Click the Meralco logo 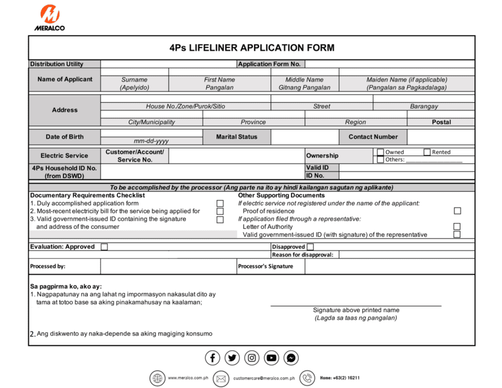coord(50,17)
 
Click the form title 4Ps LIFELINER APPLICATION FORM coord(252,48)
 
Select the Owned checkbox coord(380,152)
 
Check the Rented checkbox coord(427,152)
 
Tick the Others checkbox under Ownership coord(380,160)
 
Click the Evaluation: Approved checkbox coord(104,247)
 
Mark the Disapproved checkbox coord(310,247)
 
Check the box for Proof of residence coord(457,211)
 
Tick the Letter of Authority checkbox coord(457,227)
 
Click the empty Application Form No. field coord(389,64)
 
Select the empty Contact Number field coord(441,137)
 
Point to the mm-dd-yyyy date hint coord(151,141)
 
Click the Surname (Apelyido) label coord(134,84)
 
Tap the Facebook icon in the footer coord(213,358)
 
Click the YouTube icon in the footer coord(271,358)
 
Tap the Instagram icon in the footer coord(252,358)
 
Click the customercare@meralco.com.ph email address coord(264,379)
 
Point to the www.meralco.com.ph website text coord(188,378)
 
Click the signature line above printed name coord(356,305)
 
